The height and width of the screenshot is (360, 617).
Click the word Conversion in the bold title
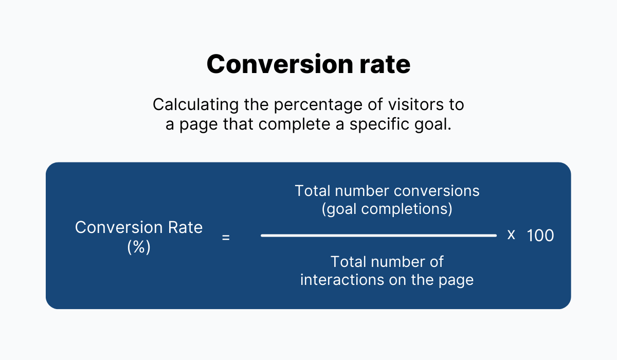[280, 64]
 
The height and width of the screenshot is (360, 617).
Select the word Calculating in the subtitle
[195, 105]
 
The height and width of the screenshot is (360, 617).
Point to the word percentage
[318, 105]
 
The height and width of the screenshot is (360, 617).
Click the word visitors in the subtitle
[416, 105]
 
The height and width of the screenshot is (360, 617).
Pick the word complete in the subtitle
[294, 125]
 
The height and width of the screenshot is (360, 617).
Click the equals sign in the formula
[226, 238]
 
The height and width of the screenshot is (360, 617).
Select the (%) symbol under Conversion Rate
[139, 247]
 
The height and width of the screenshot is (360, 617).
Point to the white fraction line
[379, 236]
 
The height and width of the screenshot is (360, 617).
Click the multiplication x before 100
[511, 235]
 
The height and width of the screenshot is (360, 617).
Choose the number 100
[540, 236]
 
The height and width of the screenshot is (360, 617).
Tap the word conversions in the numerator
[437, 191]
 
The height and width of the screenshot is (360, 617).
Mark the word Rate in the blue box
[185, 227]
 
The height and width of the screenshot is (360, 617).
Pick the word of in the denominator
[437, 261]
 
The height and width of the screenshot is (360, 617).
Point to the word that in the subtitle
[238, 124]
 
